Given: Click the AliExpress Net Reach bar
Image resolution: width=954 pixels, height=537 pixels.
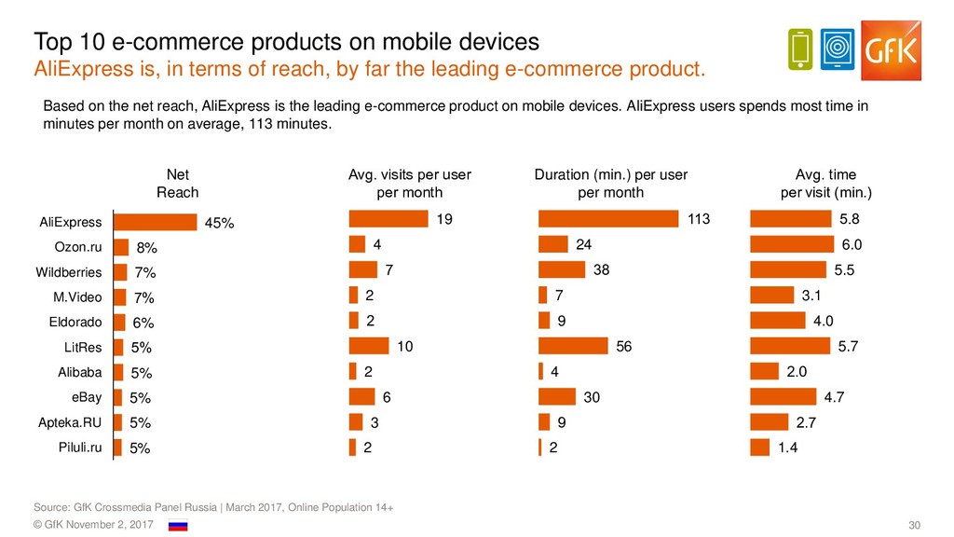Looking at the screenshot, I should (x=156, y=222).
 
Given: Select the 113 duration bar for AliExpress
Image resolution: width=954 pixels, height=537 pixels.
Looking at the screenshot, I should (x=608, y=219).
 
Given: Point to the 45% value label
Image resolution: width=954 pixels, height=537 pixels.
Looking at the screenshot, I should (x=220, y=223).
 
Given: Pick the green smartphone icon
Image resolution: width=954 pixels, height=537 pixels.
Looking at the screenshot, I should (x=799, y=48).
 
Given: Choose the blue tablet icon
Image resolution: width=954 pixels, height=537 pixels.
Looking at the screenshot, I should (x=839, y=48).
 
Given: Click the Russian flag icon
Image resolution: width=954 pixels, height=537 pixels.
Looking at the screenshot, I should (x=177, y=526).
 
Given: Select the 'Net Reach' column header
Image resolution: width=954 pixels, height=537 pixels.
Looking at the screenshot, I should (x=177, y=184).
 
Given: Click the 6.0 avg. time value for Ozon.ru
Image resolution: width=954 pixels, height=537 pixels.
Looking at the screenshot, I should (x=852, y=244).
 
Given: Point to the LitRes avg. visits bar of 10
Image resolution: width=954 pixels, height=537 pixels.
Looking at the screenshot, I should (x=369, y=346).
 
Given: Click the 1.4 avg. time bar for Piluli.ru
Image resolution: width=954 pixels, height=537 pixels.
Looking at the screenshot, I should (x=760, y=447).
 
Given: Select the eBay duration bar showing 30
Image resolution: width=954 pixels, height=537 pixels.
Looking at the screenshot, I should (x=557, y=396).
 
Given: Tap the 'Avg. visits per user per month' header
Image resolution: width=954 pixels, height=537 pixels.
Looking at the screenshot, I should (x=409, y=184).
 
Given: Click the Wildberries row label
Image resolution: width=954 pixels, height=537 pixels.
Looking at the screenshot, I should (x=69, y=272).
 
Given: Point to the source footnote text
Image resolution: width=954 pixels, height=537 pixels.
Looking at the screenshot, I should (x=212, y=506).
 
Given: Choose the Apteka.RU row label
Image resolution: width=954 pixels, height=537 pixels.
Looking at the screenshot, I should (x=70, y=422).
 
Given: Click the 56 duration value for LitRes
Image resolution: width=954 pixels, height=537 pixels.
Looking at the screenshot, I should (x=624, y=346).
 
